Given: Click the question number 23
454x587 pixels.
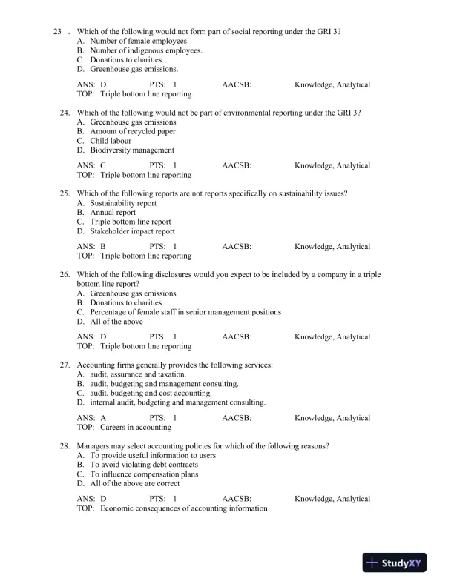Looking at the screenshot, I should [59, 32].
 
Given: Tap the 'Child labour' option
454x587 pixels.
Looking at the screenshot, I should [111, 140].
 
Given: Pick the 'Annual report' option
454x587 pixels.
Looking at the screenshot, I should [113, 212].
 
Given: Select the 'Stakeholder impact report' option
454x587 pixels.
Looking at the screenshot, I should [132, 231].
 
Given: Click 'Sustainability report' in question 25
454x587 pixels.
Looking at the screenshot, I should [123, 202].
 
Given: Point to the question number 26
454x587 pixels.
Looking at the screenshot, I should [65, 274].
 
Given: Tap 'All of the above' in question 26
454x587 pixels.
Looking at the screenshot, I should [116, 321].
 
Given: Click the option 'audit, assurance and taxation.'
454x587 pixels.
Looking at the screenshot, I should [138, 374].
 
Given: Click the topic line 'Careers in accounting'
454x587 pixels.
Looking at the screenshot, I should [136, 427].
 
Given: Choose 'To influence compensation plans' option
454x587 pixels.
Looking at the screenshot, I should [144, 474].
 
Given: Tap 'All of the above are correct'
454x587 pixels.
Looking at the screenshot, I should [134, 483].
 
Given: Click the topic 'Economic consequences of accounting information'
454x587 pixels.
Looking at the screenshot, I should [183, 508].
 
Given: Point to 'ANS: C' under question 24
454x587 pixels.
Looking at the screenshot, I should [92, 166].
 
